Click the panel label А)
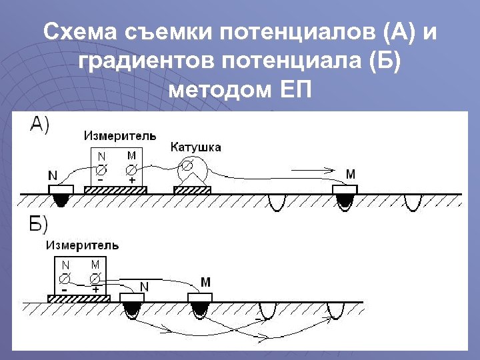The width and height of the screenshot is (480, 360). [39, 125]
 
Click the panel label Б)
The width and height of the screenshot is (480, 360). [39, 224]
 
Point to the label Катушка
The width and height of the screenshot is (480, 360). [196, 146]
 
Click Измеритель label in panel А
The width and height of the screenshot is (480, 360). [120, 135]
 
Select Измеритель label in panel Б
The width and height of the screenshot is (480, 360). [82, 245]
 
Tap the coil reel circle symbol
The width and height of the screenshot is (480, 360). [189, 164]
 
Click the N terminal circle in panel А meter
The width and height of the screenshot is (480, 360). [102, 167]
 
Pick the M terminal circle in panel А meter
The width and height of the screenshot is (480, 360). [132, 167]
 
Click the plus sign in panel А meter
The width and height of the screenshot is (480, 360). [132, 180]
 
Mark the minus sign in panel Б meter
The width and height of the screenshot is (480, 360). [64, 290]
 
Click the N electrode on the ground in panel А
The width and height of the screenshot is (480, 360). [61, 191]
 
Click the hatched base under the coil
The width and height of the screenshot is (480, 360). [192, 190]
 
